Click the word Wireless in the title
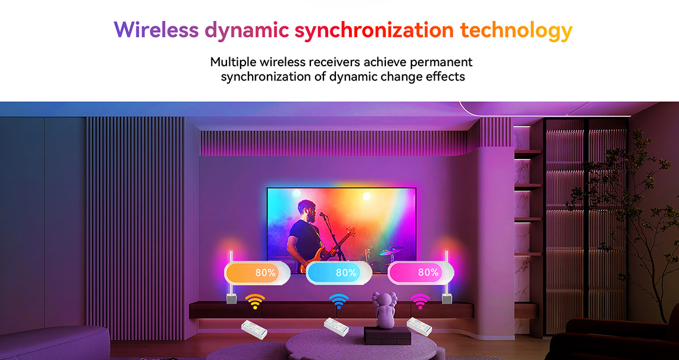click(156, 30)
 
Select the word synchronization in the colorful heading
click(374, 31)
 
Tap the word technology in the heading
click(516, 31)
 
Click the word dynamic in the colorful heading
click(247, 31)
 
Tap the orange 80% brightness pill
click(257, 273)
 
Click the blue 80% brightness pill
click(339, 273)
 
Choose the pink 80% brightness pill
click(421, 273)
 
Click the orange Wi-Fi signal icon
click(255, 301)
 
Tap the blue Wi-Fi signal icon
click(339, 301)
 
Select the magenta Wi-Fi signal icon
click(420, 301)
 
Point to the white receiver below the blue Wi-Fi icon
click(337, 327)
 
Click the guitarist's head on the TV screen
click(307, 210)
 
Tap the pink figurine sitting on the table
click(385, 310)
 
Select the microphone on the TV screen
click(323, 214)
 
